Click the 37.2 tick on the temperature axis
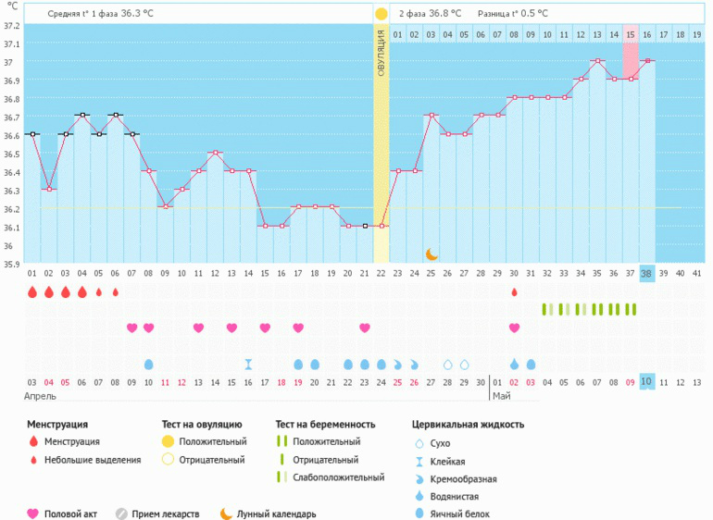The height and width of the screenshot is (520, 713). point(11,25)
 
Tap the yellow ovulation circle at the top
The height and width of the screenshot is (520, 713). point(381,14)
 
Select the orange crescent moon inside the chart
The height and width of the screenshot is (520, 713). point(432,254)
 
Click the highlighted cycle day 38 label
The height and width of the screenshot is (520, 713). point(646,274)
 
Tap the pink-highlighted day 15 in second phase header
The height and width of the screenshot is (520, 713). point(630,35)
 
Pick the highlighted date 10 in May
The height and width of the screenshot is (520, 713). point(646,382)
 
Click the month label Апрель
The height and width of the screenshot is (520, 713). point(41,396)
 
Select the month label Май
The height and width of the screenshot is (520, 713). point(501,396)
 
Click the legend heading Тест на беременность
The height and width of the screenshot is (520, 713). point(325,425)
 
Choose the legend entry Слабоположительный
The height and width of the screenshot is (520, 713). point(338,477)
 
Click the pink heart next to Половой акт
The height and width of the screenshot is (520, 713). point(33,514)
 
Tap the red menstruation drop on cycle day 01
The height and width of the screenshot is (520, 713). point(32,292)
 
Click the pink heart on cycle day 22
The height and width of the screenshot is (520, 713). point(365,328)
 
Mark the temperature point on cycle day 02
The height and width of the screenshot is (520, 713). point(49,190)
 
